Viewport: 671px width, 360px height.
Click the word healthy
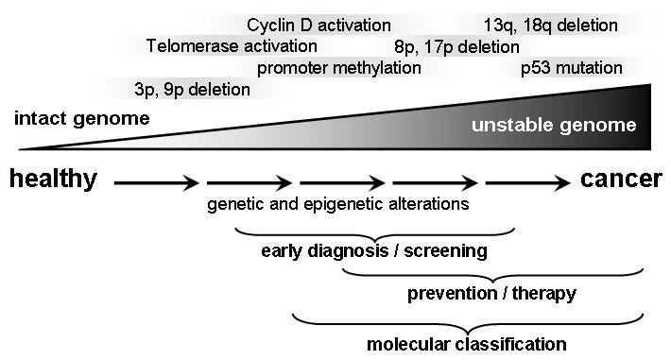pyautogui.click(x=54, y=179)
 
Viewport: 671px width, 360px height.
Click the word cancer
pyautogui.click(x=621, y=179)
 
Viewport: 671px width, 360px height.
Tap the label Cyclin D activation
pyautogui.click(x=318, y=26)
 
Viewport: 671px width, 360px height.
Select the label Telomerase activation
pyautogui.click(x=232, y=45)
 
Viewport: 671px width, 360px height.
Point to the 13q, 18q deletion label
pyautogui.click(x=551, y=26)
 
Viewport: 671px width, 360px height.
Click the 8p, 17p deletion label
pyautogui.click(x=456, y=47)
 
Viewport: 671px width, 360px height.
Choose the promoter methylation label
pyautogui.click(x=339, y=68)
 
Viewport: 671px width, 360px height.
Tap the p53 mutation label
pyautogui.click(x=571, y=68)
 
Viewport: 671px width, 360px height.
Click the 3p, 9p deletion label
pyautogui.click(x=192, y=90)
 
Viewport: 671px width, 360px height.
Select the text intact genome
pyautogui.click(x=81, y=118)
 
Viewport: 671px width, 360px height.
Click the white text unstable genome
pyautogui.click(x=554, y=125)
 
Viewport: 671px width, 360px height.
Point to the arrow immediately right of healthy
pyautogui.click(x=157, y=182)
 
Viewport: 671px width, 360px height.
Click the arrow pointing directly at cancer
pyautogui.click(x=528, y=182)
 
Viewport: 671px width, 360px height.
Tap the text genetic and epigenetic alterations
pyautogui.click(x=338, y=204)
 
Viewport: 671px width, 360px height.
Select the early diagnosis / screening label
pyautogui.click(x=374, y=250)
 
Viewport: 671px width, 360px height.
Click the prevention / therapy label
pyautogui.click(x=491, y=294)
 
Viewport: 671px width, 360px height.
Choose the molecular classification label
pyautogui.click(x=467, y=344)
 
